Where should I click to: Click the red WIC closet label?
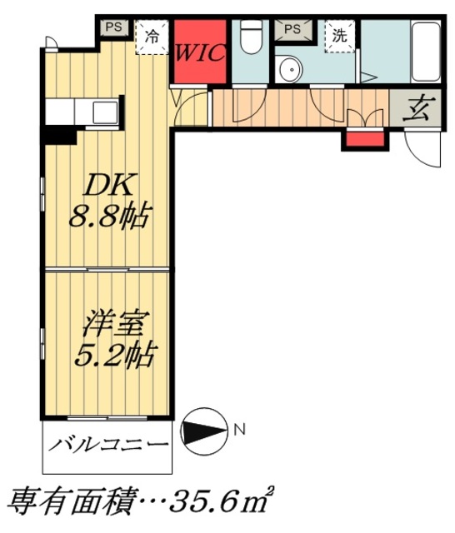click(x=200, y=53)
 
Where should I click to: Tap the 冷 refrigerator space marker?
click(x=152, y=37)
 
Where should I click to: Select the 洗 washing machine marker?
click(x=340, y=36)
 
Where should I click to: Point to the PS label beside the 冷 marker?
click(x=114, y=27)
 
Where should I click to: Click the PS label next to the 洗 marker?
click(x=292, y=29)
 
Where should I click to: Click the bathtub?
click(x=426, y=50)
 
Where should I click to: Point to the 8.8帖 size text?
click(x=108, y=218)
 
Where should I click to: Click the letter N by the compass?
click(x=239, y=431)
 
